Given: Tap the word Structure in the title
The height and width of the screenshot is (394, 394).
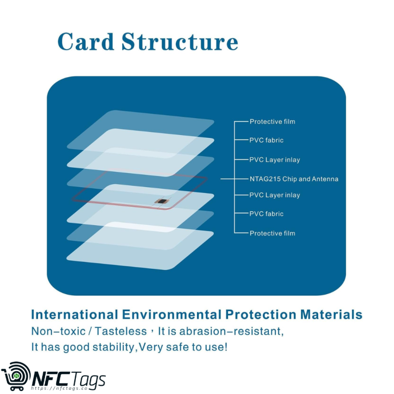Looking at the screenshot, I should (179, 42).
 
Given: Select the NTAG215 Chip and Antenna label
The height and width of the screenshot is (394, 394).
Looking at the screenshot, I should (294, 179).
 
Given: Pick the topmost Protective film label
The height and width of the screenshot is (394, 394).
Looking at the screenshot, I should (272, 122).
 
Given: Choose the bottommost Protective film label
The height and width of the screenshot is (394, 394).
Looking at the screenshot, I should (272, 233).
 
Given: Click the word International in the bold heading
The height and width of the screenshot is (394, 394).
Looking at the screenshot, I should (74, 315).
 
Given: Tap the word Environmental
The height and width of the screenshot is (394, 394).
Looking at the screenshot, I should (170, 315).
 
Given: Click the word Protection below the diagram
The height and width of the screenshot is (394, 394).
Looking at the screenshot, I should (257, 315).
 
